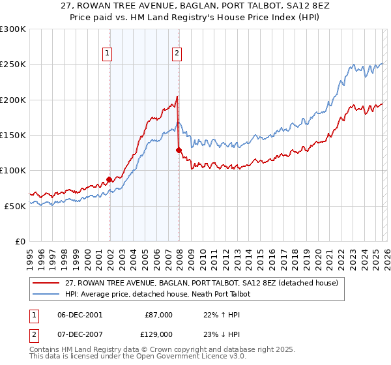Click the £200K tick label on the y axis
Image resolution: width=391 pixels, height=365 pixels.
tap(13, 100)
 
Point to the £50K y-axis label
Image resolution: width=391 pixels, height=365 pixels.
tap(15, 206)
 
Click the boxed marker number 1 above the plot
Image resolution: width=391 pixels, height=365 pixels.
tap(107, 54)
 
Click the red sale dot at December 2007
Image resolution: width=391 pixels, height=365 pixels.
tap(179, 150)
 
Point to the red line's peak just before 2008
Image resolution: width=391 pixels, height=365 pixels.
tap(177, 97)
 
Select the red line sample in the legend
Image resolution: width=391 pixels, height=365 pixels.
tap(46, 284)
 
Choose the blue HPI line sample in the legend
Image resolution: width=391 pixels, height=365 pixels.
tap(46, 295)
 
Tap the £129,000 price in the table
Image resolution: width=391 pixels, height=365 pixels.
tap(159, 333)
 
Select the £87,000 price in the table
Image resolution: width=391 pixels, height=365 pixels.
tap(159, 315)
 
